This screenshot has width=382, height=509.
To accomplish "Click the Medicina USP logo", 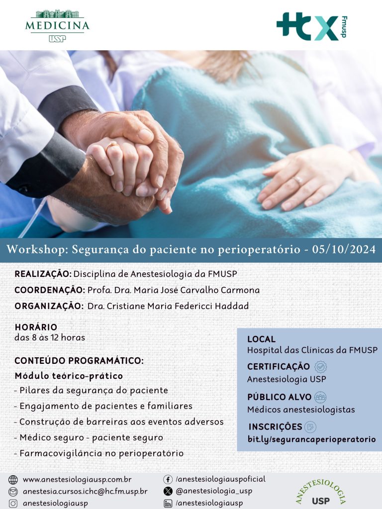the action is (x=57, y=26).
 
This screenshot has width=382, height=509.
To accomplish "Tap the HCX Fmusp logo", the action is (x=312, y=27).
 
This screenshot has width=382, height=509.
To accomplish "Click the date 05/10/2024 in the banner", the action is (x=344, y=250).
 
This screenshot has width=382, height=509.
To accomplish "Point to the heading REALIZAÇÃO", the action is (x=43, y=273).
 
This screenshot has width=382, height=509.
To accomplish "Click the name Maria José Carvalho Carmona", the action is (x=196, y=290).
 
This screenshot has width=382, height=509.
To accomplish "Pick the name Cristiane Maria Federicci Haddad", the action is (x=178, y=306).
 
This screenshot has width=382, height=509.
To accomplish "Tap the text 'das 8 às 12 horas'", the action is (x=50, y=338).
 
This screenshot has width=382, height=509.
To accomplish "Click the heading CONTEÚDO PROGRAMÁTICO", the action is (x=79, y=361).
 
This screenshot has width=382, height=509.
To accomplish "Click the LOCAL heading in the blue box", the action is (x=261, y=339).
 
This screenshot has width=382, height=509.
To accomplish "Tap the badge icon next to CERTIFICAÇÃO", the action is (x=320, y=367).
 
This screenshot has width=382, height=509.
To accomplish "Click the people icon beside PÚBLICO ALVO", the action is (x=320, y=397).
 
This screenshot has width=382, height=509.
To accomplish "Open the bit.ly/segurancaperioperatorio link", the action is (x=311, y=439).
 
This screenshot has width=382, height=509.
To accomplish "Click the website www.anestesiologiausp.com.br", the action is (x=77, y=480).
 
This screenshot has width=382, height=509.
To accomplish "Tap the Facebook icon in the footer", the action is (x=168, y=480).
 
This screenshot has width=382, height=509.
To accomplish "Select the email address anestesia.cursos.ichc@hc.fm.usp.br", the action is (x=85, y=492).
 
